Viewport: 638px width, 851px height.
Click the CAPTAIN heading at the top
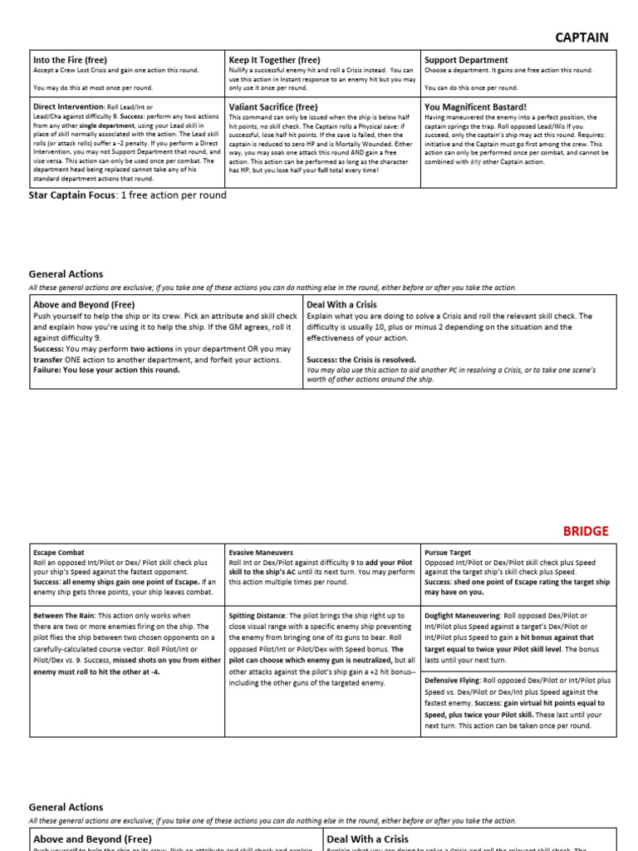click(582, 37)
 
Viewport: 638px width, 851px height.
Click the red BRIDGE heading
click(586, 530)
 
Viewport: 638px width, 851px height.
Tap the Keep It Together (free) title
click(274, 60)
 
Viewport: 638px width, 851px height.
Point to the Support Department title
click(466, 60)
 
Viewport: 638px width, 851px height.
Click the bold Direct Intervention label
click(69, 107)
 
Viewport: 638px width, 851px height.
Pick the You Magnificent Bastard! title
click(475, 107)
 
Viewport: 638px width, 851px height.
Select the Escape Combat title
click(59, 552)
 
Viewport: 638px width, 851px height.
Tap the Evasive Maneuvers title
click(260, 552)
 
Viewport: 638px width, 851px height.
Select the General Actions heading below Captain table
click(66, 273)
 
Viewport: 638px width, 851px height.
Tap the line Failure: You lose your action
click(106, 370)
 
